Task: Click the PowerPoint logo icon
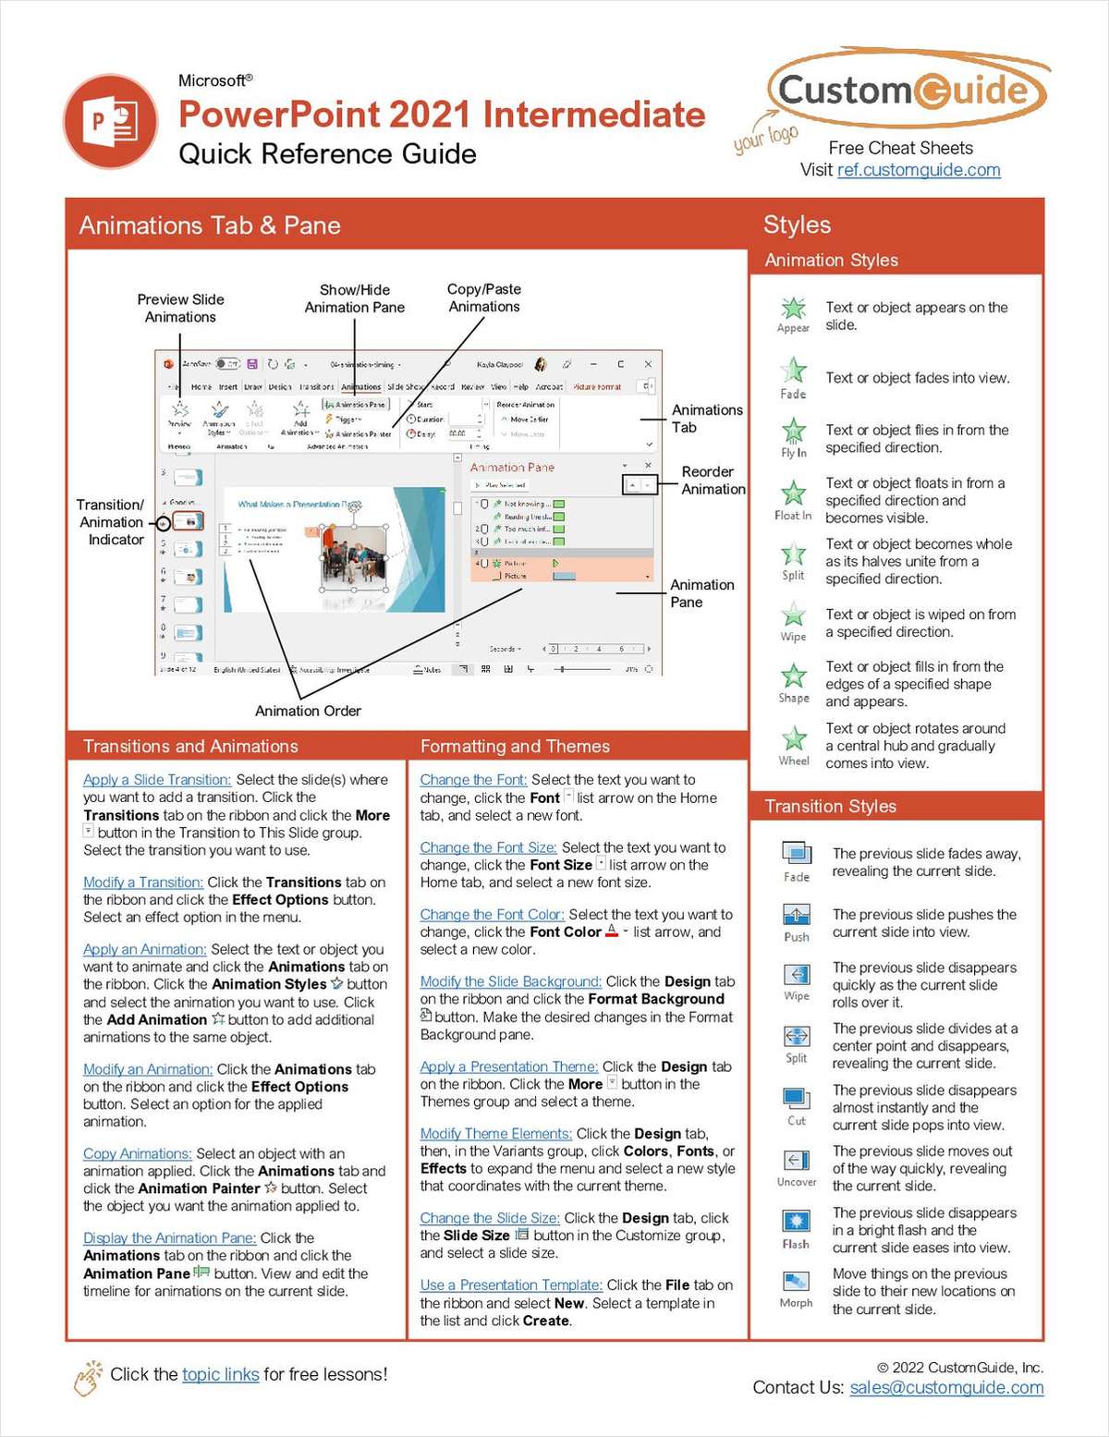(x=111, y=121)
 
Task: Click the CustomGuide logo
(x=905, y=90)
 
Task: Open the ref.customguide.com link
(x=919, y=170)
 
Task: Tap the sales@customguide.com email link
(x=946, y=1387)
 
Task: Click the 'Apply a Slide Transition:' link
(x=157, y=780)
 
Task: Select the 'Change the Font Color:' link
(x=492, y=915)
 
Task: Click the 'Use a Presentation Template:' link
(x=511, y=1285)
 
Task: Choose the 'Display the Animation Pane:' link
(x=169, y=1238)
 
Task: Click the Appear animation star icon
(x=793, y=309)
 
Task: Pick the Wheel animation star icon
(x=793, y=738)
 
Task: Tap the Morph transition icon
(x=796, y=1282)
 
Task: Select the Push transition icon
(x=796, y=915)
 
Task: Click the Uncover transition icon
(x=796, y=1161)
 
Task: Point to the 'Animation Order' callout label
(x=308, y=711)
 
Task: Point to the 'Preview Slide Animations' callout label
(x=180, y=308)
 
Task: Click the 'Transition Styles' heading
(x=830, y=807)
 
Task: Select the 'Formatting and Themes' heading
(x=515, y=747)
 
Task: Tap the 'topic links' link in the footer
(x=220, y=1374)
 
